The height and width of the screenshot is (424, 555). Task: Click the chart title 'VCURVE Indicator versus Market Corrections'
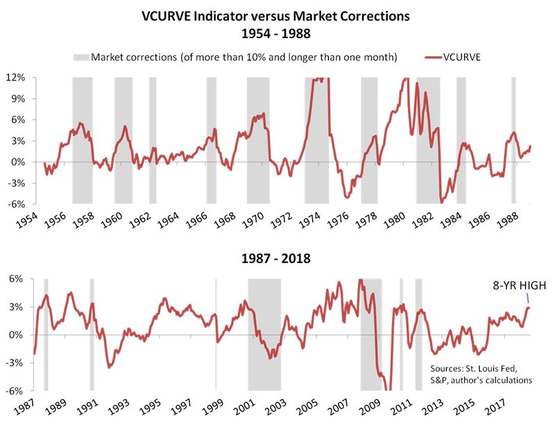[x=277, y=16]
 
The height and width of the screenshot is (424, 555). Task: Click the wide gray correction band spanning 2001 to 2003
[x=264, y=333]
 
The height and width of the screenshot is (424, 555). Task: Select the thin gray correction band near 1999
[x=216, y=333]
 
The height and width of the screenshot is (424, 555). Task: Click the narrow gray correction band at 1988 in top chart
[x=513, y=139]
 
